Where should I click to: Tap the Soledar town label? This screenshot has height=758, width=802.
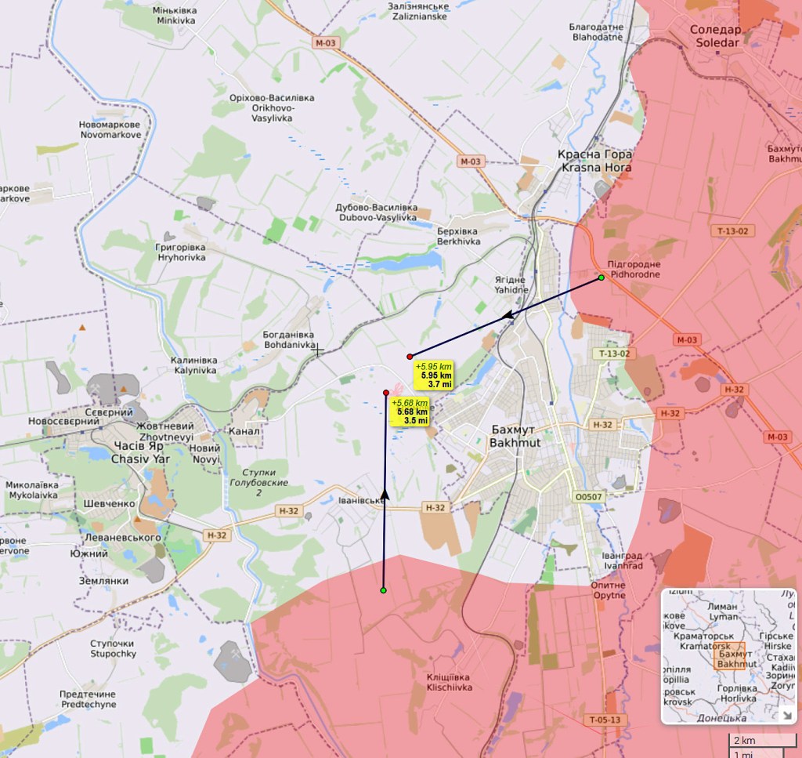713,36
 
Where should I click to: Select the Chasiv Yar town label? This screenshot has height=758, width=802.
140,452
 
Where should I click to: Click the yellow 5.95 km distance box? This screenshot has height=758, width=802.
434,375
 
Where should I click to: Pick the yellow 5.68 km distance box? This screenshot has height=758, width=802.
410,412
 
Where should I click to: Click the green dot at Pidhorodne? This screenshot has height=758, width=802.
601,278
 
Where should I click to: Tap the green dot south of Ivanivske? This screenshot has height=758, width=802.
383,590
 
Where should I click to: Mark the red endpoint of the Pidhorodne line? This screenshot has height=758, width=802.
410,357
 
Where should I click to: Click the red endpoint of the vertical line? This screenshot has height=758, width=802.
386,393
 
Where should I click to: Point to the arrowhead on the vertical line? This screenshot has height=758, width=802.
385,492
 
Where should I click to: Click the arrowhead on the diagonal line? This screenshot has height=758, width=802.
507,315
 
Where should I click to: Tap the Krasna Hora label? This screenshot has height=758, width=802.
595,161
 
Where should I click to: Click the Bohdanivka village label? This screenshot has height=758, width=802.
290,339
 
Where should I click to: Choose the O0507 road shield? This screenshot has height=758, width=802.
589,496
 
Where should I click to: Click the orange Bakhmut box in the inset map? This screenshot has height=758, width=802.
735,658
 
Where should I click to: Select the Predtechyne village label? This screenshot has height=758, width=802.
88,699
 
